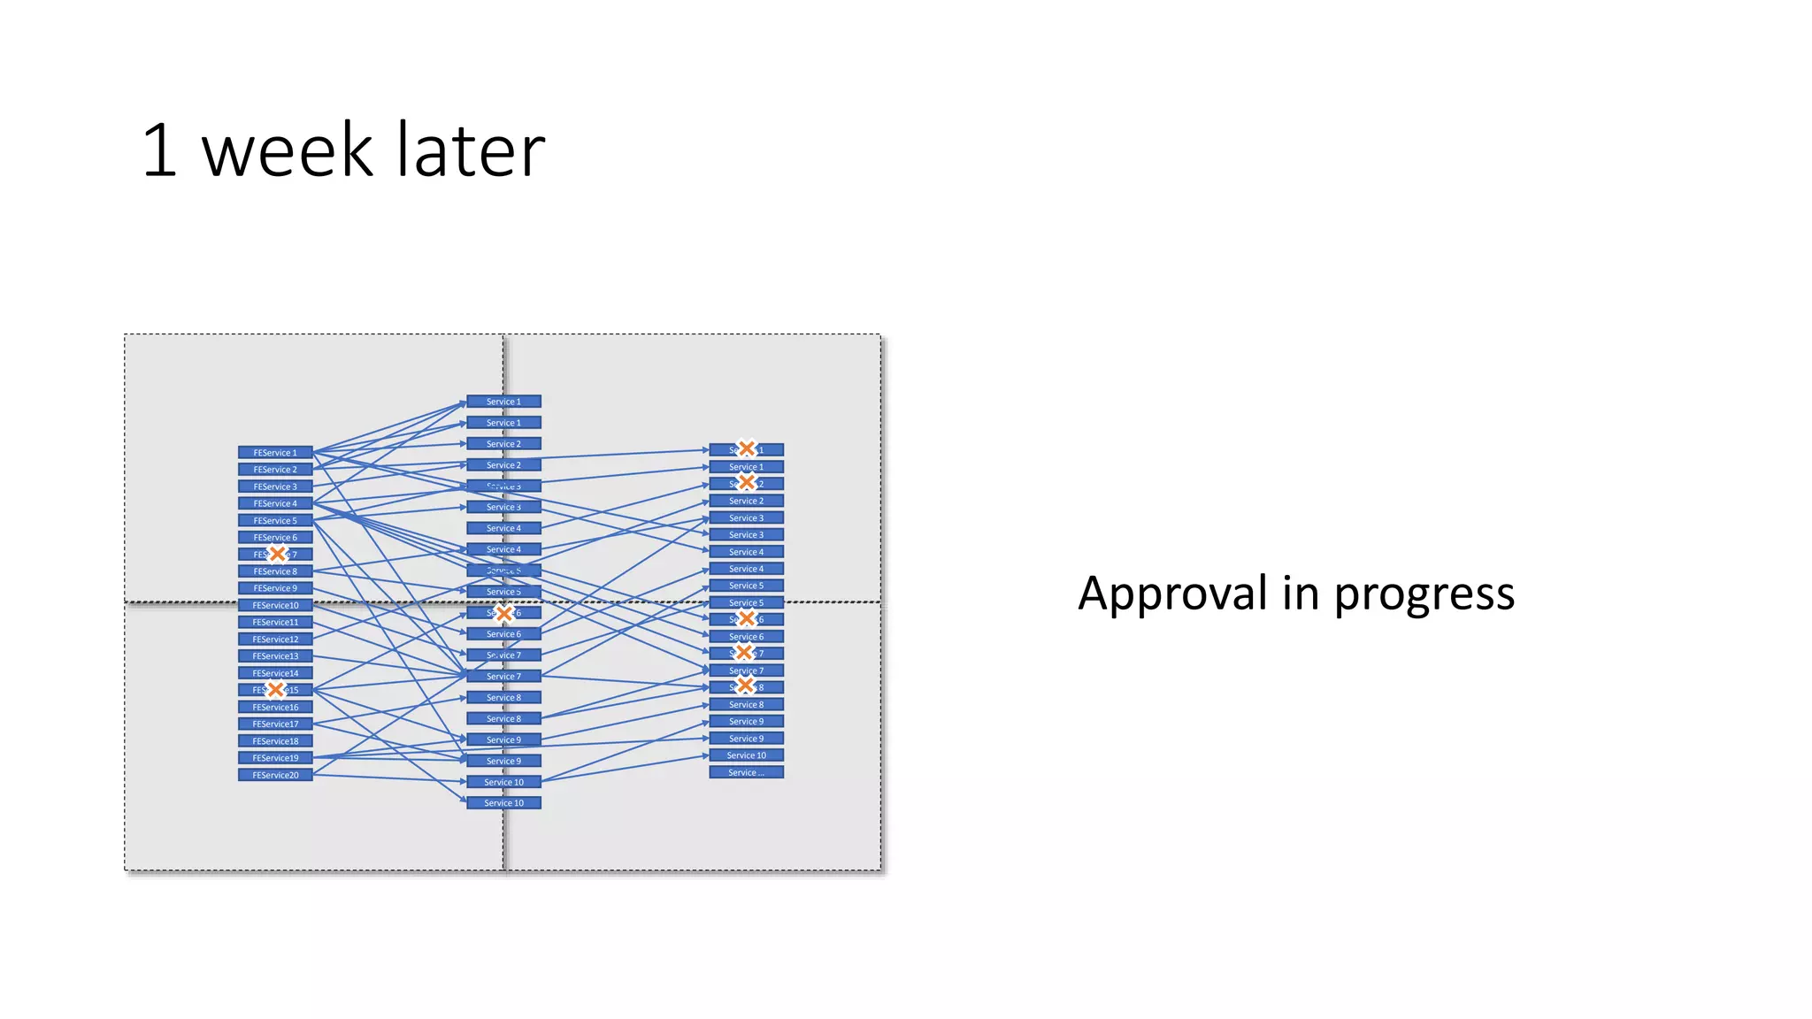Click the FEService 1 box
(x=275, y=452)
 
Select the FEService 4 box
(x=275, y=503)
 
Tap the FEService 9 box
(x=275, y=588)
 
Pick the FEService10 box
(x=275, y=605)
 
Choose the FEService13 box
(x=275, y=656)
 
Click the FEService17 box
(x=275, y=724)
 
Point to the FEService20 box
(x=275, y=775)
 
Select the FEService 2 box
(x=275, y=470)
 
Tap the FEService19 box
(x=275, y=758)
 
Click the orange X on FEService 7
(x=278, y=554)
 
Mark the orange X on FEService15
(x=276, y=689)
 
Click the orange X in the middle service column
(x=504, y=613)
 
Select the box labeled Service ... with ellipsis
(x=746, y=772)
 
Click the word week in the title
(x=287, y=150)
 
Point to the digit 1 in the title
(x=159, y=150)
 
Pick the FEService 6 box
(x=275, y=537)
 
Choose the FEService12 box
(x=275, y=639)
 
